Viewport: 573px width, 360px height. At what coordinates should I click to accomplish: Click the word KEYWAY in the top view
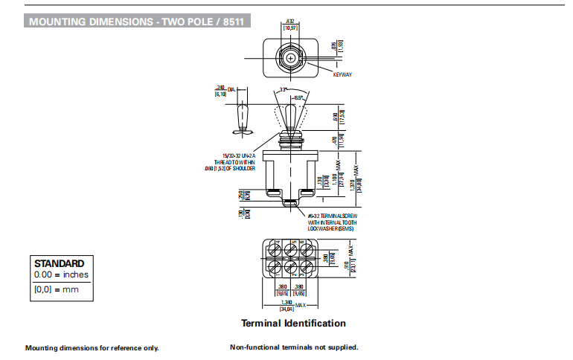point(342,74)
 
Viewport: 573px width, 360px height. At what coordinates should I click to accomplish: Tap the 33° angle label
point(284,90)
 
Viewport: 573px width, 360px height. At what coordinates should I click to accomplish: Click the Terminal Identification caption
point(293,324)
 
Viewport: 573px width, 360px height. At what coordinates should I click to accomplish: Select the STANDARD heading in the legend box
point(60,263)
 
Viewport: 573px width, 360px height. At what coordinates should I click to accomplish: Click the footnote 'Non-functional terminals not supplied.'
point(294,347)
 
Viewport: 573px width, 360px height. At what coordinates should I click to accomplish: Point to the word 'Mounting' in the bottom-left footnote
point(41,348)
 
